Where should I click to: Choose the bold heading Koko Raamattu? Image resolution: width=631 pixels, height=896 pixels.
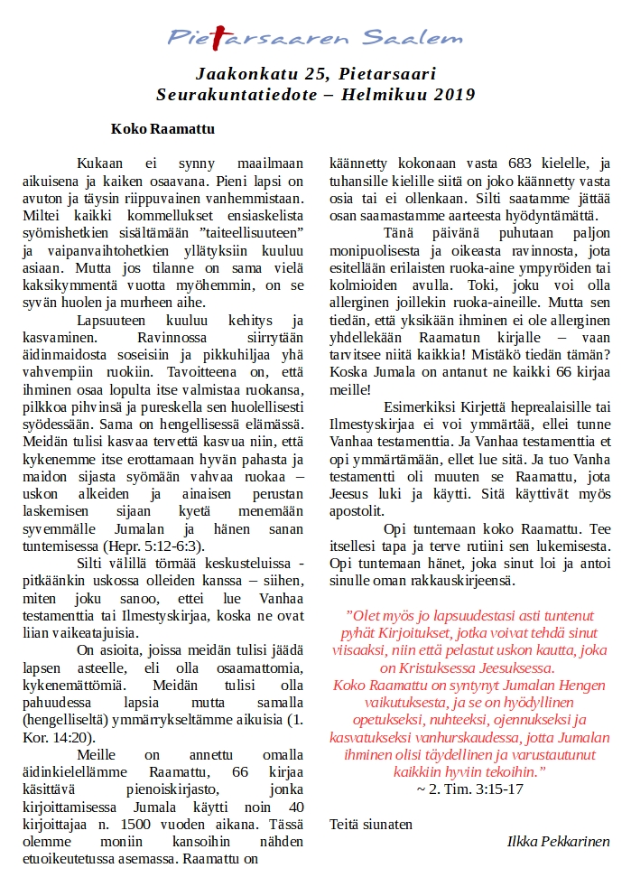coord(162,129)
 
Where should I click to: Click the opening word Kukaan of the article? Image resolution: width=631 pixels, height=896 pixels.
coord(99,163)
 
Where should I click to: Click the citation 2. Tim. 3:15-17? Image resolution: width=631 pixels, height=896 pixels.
coord(470,789)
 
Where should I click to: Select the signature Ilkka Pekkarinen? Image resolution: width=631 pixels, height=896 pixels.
coord(559,841)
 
